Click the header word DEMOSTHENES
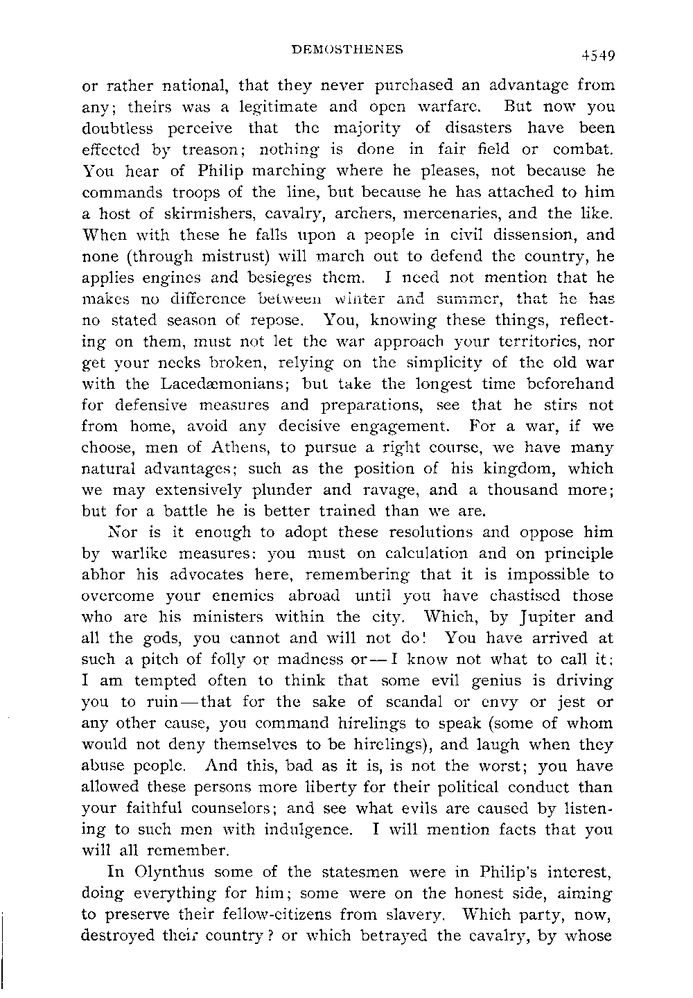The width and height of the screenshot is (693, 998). pos(347,50)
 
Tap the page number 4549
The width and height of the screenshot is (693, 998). pos(599,55)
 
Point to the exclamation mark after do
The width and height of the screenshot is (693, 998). pos(431,638)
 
